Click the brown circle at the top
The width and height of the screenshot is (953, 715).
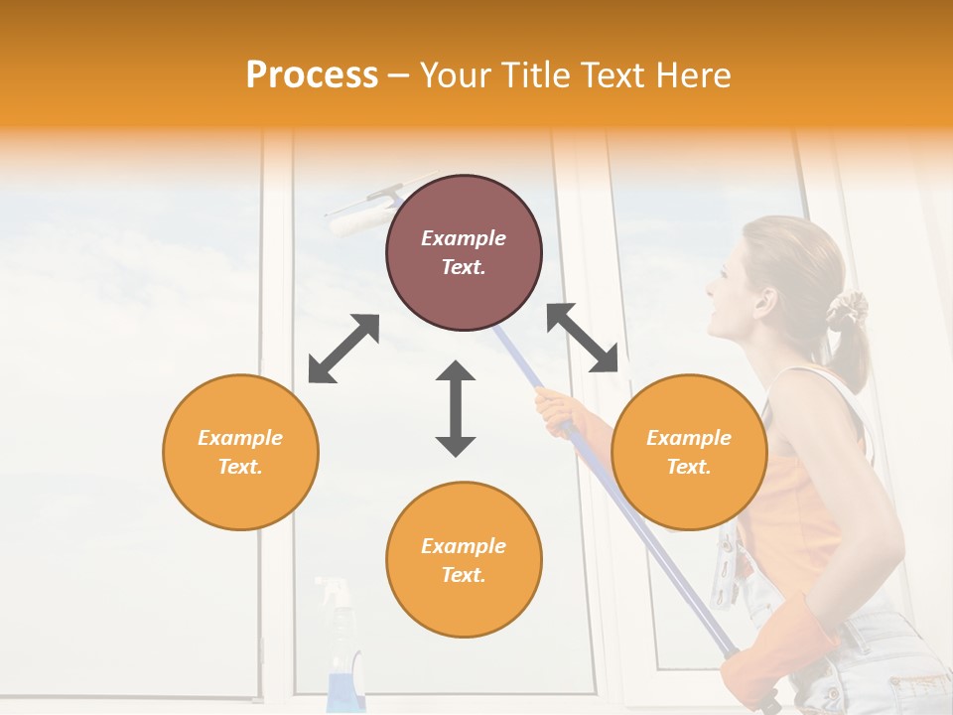pos(464,252)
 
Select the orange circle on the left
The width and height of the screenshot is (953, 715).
pos(240,452)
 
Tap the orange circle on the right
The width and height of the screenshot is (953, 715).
pos(689,452)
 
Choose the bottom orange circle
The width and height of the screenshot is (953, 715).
pos(464,559)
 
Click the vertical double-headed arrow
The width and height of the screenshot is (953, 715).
pos(456,408)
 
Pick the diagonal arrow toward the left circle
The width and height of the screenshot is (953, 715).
pos(343,349)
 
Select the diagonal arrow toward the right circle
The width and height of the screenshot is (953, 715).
pos(583,338)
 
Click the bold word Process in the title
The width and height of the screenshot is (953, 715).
pos(312,74)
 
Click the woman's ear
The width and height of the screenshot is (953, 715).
pos(764,298)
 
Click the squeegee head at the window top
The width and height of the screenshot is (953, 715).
pos(362,213)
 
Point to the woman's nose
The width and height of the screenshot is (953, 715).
pos(710,288)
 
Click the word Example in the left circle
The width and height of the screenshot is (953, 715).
pos(240,438)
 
